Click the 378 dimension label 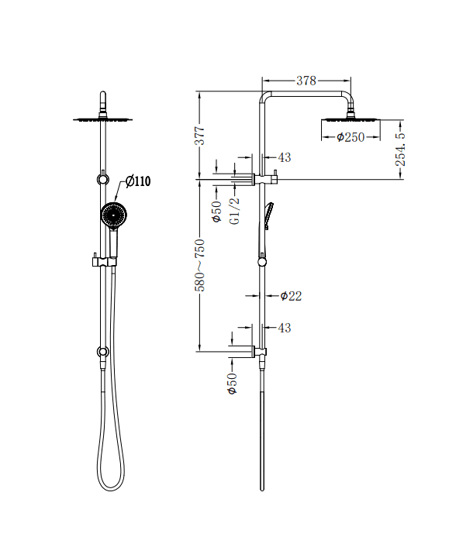click(x=306, y=81)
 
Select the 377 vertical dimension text click(x=199, y=136)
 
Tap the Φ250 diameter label click(x=351, y=137)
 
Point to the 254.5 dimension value click(x=400, y=150)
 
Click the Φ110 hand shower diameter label click(x=137, y=181)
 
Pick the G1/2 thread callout click(x=235, y=210)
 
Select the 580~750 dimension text click(x=199, y=265)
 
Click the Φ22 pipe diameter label click(x=291, y=295)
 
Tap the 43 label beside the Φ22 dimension click(x=284, y=328)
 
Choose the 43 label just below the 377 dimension click(x=284, y=157)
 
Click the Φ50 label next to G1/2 click(x=218, y=210)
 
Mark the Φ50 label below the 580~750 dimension click(x=231, y=384)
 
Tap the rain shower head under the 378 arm click(x=351, y=119)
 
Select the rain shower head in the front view click(x=103, y=119)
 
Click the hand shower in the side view click(x=268, y=215)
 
